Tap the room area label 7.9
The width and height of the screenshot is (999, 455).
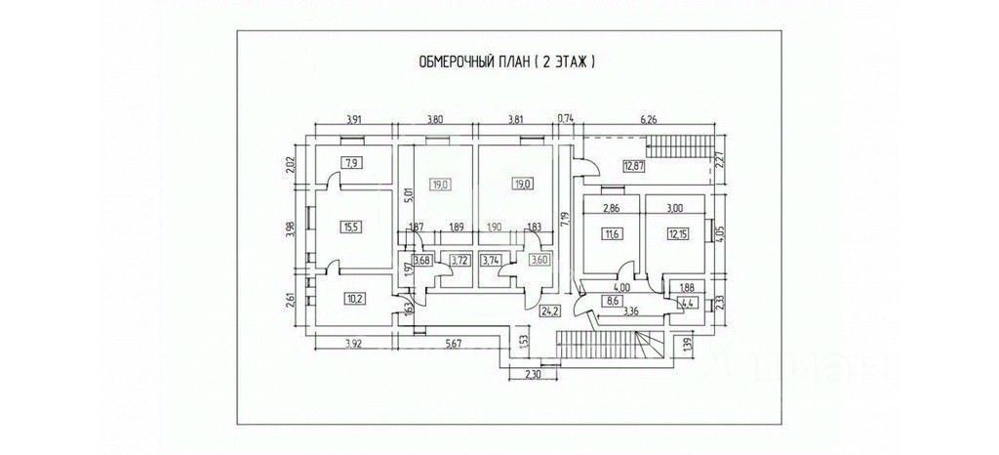(x=350, y=163)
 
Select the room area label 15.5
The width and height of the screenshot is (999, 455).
(x=350, y=227)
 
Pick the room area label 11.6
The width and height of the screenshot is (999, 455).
(x=613, y=233)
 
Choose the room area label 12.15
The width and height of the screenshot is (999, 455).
(x=678, y=233)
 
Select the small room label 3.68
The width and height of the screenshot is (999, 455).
(x=422, y=260)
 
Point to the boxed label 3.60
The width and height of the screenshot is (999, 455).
(x=539, y=260)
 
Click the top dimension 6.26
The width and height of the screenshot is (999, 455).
(x=648, y=120)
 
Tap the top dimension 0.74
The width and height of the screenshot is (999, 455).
(x=565, y=120)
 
